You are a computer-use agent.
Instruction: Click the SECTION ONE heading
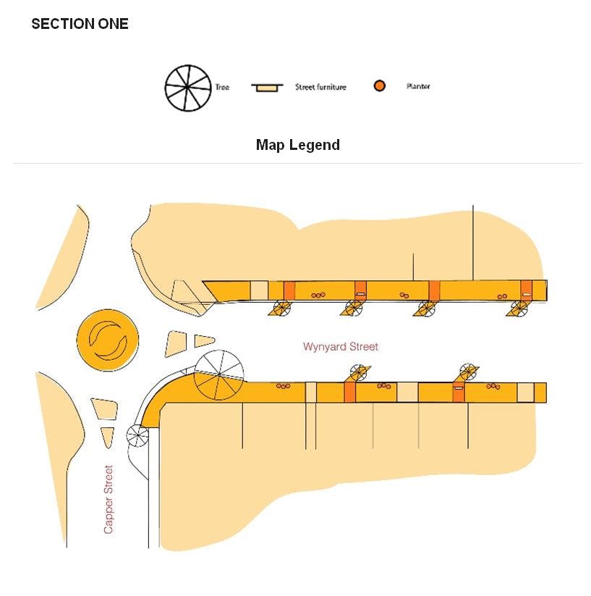pos(80,24)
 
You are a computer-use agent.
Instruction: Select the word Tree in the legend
pos(222,87)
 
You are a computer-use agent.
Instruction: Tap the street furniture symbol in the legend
pos(263,88)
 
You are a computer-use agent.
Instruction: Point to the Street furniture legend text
pos(320,87)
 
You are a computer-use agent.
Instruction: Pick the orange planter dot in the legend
pos(379,86)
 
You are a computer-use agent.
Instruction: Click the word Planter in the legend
pos(418,87)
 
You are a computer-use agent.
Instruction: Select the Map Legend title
pos(297,145)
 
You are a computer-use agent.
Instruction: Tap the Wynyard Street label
pos(340,347)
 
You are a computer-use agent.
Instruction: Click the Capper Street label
pos(109,499)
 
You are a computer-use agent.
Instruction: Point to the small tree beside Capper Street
pos(137,435)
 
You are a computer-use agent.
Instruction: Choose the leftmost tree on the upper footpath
pos(279,309)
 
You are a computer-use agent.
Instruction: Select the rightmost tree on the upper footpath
pos(518,309)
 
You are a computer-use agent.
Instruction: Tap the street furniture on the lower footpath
pos(458,389)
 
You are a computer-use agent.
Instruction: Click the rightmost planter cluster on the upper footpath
pos(501,295)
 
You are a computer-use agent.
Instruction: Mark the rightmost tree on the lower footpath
pos(467,372)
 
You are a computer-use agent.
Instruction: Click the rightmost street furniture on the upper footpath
pos(526,294)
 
